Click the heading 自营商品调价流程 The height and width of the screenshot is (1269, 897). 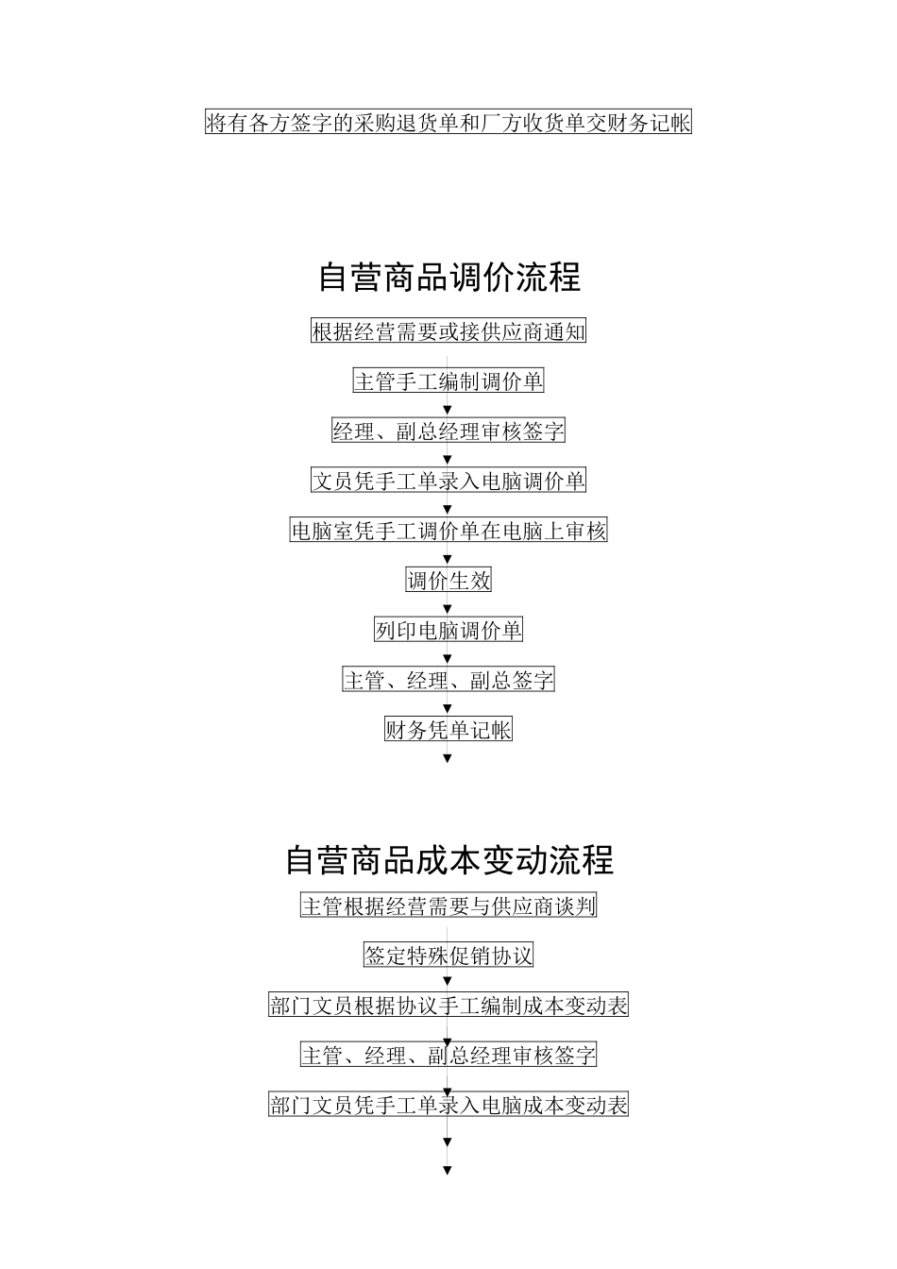pyautogui.click(x=448, y=278)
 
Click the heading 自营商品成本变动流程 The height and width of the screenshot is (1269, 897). pyautogui.click(x=448, y=860)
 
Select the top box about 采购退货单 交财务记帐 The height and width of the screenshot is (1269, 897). pyautogui.click(x=448, y=123)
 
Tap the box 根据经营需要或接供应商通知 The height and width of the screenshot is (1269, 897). pyautogui.click(x=448, y=331)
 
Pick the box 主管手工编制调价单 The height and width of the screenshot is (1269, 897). pyautogui.click(x=448, y=381)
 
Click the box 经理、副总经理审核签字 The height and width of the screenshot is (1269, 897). pyautogui.click(x=448, y=431)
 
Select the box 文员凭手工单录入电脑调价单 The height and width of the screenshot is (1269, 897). pyautogui.click(x=448, y=481)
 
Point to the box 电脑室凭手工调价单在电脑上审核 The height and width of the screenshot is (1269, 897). pyautogui.click(x=448, y=531)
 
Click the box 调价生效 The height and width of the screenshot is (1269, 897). pyautogui.click(x=448, y=581)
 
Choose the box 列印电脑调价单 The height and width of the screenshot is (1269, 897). pyautogui.click(x=448, y=630)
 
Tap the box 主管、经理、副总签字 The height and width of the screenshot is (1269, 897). pyautogui.click(x=448, y=680)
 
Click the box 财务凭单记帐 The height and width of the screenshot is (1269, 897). pyautogui.click(x=448, y=730)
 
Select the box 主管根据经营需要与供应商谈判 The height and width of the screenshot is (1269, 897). pyautogui.click(x=448, y=906)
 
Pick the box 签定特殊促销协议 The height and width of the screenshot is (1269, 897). pyautogui.click(x=448, y=956)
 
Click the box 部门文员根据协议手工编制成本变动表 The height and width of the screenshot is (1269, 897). pyautogui.click(x=448, y=1006)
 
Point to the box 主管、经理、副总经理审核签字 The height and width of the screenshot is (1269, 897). pyautogui.click(x=448, y=1056)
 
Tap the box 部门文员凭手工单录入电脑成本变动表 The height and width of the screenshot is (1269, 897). pyautogui.click(x=448, y=1105)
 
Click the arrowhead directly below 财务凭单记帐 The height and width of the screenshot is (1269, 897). pyautogui.click(x=448, y=758)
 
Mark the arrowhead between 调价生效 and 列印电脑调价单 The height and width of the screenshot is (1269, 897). pyautogui.click(x=448, y=608)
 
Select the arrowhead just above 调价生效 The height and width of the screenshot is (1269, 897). pyautogui.click(x=448, y=559)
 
